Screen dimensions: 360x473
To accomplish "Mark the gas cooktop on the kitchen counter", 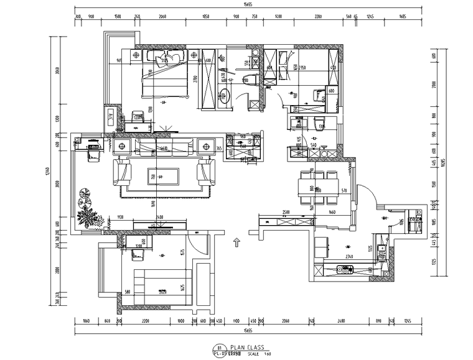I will tap(344, 269).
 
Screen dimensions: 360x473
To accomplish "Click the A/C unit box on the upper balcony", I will tap(110, 118).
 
